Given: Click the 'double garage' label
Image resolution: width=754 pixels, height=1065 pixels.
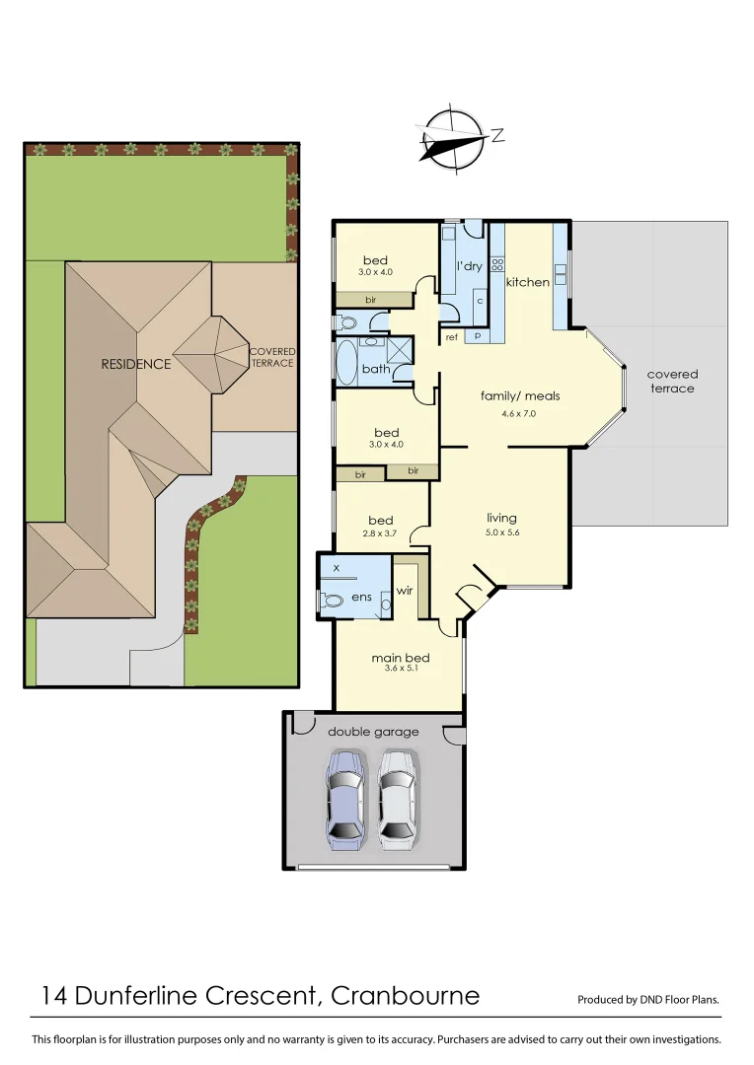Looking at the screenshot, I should point(373,732).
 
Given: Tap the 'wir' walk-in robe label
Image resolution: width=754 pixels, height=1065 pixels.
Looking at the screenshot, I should point(404,592).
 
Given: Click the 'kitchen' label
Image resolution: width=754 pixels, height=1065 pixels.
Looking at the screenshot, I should point(527,282).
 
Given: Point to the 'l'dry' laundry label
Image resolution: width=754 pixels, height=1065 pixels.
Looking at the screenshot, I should point(468,266).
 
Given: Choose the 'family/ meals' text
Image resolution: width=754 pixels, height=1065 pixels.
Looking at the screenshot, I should point(520,395).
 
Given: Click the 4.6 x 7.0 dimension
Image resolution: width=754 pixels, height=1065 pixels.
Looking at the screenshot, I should point(518,414).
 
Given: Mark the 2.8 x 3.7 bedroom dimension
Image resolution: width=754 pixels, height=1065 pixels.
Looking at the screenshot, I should point(380,533).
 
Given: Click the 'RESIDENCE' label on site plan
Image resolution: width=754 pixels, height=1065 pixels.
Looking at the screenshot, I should point(136,364).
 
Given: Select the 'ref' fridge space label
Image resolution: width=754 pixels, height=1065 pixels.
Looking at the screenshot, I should point(452,336).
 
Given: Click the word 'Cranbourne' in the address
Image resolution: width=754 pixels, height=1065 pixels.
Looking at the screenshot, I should point(405,995).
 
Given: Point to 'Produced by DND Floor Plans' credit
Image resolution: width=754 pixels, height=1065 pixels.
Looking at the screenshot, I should point(648,999).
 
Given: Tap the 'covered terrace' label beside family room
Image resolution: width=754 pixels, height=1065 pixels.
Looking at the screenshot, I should point(672,381).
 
